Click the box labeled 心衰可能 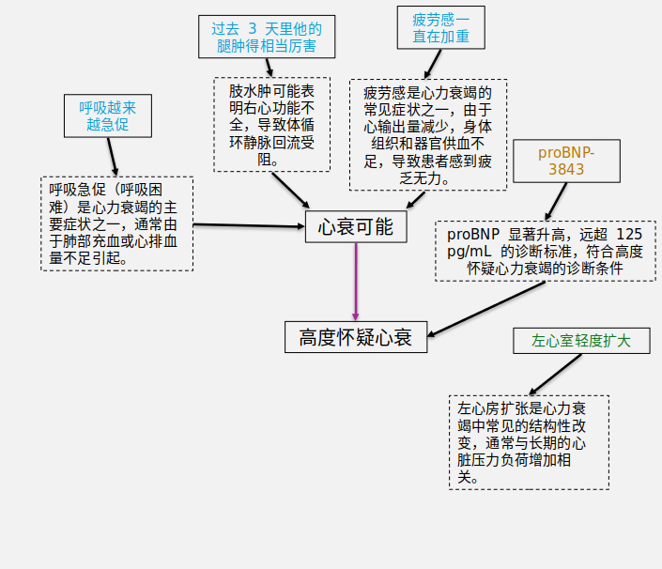356,227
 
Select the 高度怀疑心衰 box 355,337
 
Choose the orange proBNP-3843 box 567,161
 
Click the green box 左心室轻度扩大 581,341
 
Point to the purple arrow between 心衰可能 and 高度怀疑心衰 356,282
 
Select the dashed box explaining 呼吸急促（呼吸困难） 116,223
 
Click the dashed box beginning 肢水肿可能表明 271,124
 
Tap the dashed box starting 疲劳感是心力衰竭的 434,135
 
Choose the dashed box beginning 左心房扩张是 528,441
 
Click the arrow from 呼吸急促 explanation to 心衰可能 249,225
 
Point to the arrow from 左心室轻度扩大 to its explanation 549,375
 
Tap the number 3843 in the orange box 567,170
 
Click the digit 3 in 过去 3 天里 253,28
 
